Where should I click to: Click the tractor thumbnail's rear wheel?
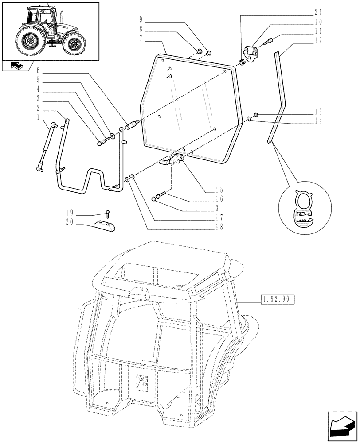coord(31,42)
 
